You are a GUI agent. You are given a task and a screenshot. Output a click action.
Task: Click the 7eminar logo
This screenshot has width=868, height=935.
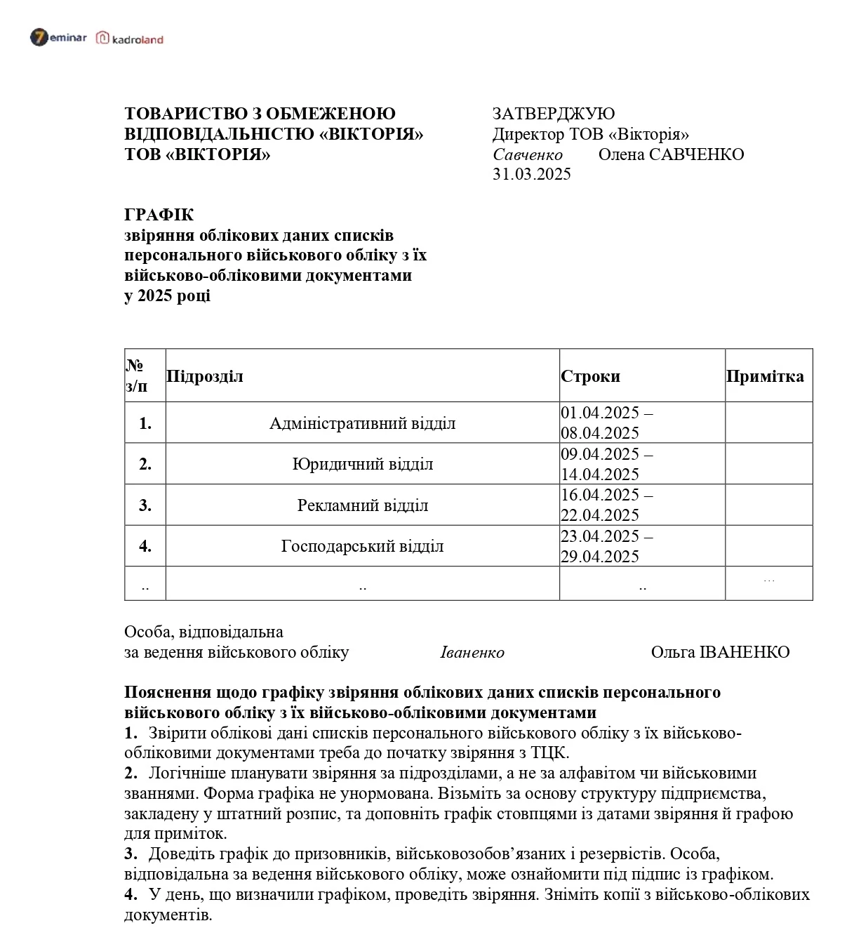(58, 38)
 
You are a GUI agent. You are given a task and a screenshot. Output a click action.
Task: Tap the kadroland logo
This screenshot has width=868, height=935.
(130, 39)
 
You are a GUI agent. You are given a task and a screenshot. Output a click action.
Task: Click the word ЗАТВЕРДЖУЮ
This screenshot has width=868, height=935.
(553, 114)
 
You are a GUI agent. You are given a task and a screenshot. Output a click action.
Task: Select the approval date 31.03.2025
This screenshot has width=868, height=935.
(531, 174)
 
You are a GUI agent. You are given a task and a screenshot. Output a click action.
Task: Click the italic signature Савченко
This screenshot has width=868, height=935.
(527, 154)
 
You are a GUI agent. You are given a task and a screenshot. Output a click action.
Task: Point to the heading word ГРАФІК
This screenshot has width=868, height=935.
(159, 215)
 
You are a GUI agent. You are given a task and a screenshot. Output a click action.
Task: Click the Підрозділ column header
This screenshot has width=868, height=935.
(205, 376)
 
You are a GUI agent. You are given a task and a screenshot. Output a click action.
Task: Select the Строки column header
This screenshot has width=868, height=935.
(590, 376)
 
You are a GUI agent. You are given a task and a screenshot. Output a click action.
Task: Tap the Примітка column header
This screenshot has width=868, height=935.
(765, 376)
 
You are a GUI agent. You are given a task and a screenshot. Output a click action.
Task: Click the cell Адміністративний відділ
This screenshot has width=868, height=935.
(362, 423)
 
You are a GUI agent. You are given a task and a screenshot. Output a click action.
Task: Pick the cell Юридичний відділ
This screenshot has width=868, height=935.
(362, 464)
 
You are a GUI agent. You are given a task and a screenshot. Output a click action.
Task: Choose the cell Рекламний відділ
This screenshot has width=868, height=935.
(362, 505)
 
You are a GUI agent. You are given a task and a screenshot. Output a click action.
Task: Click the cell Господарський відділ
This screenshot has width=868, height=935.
(362, 546)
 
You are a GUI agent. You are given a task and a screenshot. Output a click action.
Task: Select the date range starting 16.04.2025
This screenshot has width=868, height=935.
(606, 505)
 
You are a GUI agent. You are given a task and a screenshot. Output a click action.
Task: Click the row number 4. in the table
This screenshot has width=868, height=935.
(145, 546)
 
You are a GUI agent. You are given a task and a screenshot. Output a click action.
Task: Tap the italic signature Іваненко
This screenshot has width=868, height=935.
(472, 652)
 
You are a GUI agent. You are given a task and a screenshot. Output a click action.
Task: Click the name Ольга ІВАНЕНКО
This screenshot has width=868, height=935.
(720, 652)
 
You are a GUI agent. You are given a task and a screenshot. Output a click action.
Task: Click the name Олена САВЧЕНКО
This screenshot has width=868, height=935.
(671, 154)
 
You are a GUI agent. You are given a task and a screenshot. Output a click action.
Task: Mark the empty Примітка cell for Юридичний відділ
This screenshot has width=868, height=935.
(768, 464)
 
